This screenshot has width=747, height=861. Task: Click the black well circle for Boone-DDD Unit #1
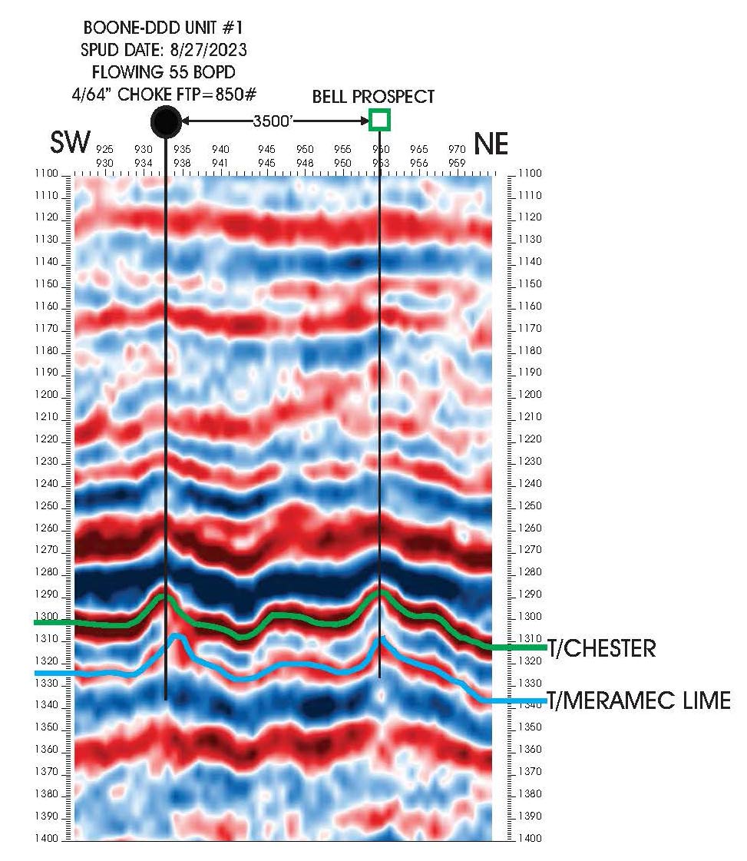[x=166, y=121]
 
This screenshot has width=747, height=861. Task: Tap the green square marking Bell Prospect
[x=379, y=120]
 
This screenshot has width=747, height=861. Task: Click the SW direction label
[x=70, y=144]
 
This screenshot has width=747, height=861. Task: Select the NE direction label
[x=491, y=144]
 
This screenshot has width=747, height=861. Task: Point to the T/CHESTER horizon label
[x=602, y=648]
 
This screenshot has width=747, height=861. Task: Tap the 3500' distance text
[x=272, y=121]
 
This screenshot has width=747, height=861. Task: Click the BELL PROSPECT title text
[x=373, y=97]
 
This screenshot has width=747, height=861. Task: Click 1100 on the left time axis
[x=46, y=174]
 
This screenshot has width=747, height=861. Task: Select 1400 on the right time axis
[x=530, y=839]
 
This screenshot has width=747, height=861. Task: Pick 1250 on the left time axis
[x=46, y=506]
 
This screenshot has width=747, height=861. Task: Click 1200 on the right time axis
[x=530, y=395]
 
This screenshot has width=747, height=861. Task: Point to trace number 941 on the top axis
[x=220, y=163]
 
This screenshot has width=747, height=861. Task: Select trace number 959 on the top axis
[x=457, y=163]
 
